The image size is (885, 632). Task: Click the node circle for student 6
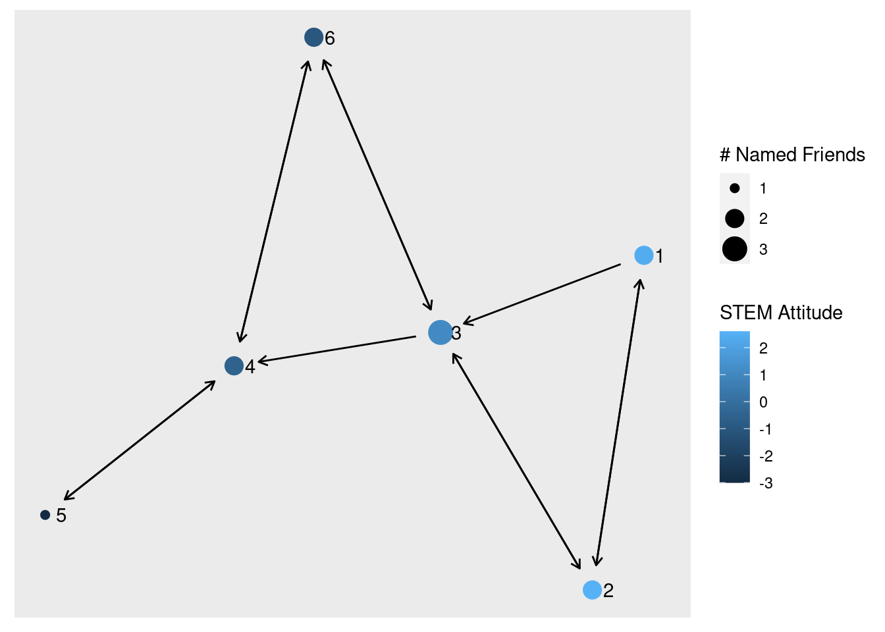(313, 38)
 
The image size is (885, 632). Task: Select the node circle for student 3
(440, 332)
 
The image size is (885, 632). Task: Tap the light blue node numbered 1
(643, 255)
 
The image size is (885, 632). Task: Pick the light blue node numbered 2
(592, 590)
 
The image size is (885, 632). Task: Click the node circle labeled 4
(234, 366)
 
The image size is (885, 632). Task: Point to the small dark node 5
(45, 515)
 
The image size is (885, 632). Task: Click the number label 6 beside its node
(330, 38)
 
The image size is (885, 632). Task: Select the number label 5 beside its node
(61, 515)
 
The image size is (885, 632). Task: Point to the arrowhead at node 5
(68, 496)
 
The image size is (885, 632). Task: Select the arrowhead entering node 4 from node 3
(261, 361)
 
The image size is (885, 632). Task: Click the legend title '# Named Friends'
(792, 155)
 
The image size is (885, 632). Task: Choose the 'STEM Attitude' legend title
(781, 313)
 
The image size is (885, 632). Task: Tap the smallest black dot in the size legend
(734, 188)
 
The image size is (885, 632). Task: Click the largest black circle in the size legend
(734, 249)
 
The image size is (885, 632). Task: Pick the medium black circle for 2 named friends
(734, 219)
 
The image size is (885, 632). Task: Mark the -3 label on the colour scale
(766, 483)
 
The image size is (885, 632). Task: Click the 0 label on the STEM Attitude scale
(763, 402)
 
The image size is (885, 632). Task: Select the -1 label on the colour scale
(765, 429)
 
